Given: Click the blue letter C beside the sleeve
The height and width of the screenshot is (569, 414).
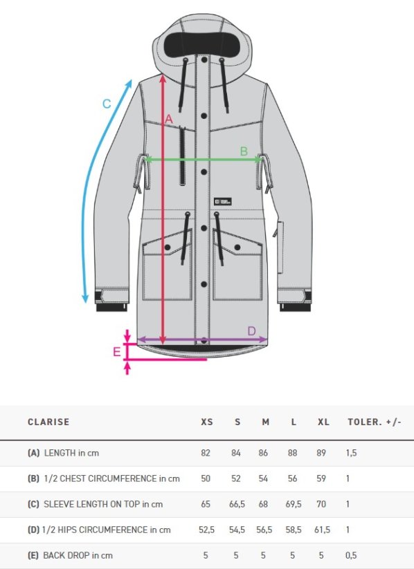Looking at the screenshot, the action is (107, 104).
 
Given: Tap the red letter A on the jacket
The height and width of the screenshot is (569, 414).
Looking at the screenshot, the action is (169, 119).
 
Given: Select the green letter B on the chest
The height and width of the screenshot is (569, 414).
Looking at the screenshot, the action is (244, 151).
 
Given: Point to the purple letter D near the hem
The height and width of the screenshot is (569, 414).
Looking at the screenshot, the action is (251, 331).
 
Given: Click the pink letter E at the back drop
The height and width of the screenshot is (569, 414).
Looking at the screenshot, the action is (117, 352).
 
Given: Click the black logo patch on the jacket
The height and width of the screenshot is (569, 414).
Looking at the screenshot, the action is (223, 201).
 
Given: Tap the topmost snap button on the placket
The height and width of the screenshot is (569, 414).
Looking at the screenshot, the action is (204, 60).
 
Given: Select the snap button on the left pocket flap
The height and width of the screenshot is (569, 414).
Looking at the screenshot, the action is (168, 248).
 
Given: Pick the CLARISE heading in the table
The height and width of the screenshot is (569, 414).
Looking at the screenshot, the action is (48, 422).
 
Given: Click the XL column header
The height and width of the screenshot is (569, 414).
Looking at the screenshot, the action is (323, 422).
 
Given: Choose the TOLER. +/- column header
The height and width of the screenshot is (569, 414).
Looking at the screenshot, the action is (375, 422).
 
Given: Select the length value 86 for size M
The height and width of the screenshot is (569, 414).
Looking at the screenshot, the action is (263, 453).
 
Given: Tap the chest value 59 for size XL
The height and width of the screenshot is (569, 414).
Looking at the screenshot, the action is (321, 478).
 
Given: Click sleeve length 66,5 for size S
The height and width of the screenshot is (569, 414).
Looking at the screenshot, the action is (237, 504).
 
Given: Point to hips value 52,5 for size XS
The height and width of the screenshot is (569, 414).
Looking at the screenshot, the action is (206, 530).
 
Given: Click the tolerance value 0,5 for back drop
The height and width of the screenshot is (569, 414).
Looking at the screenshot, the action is (351, 555).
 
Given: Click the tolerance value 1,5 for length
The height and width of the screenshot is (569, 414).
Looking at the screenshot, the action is (351, 453).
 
